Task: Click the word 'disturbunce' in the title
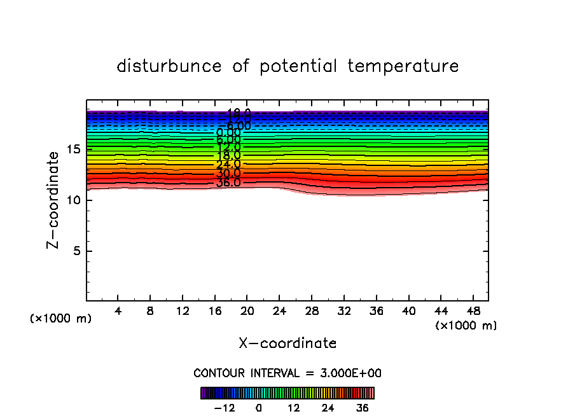point(169,66)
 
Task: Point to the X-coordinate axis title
point(287,343)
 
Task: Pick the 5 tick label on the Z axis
point(74,251)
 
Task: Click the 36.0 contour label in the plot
point(228,183)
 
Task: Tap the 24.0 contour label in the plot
point(228,165)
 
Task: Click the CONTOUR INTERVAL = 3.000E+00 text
point(287,373)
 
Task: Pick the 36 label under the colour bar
point(363,408)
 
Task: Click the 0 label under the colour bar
point(259,408)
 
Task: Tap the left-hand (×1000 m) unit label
point(61,319)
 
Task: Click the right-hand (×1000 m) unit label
point(466,326)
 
